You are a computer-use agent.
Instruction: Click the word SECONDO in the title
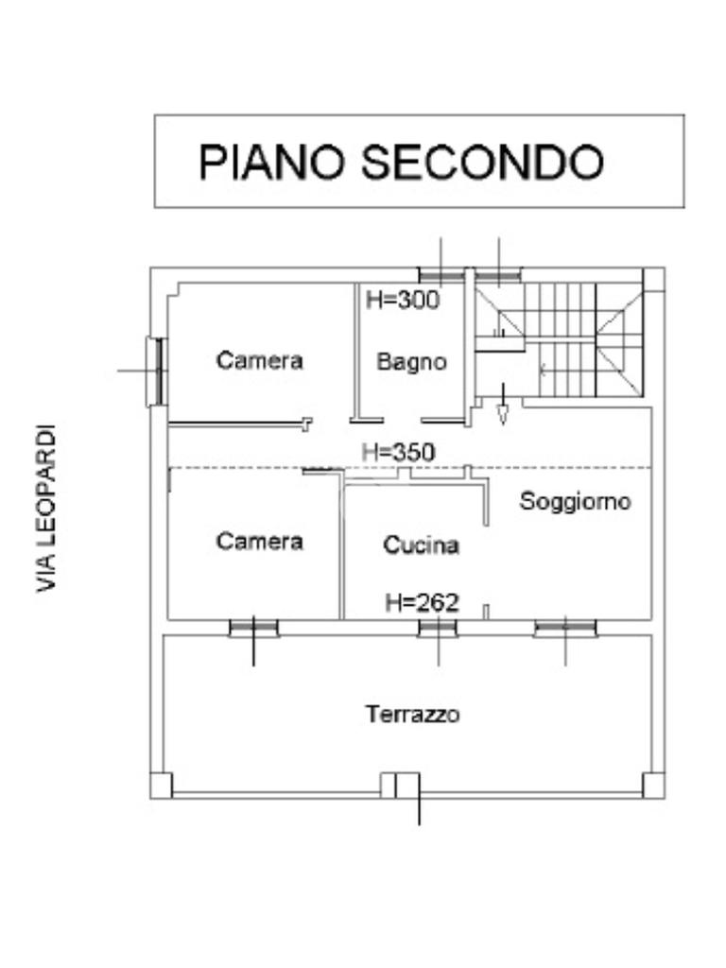click(x=483, y=163)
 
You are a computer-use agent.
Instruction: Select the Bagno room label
click(x=411, y=361)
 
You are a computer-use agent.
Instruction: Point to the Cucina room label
click(x=422, y=545)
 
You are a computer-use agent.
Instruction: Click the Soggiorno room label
click(x=575, y=501)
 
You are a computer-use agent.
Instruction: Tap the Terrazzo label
click(x=413, y=714)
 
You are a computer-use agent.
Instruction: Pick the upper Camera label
click(x=260, y=360)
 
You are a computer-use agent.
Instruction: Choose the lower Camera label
click(x=260, y=541)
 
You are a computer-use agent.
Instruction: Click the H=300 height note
click(x=403, y=302)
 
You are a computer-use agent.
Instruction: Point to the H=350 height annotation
click(x=399, y=453)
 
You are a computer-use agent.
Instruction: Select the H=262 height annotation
click(x=422, y=601)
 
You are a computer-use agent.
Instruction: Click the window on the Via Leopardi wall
click(x=156, y=371)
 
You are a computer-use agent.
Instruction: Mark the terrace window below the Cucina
click(x=439, y=629)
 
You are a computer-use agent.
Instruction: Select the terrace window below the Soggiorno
click(x=565, y=628)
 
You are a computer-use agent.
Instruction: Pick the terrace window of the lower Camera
click(x=253, y=628)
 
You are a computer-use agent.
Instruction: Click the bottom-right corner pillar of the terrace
click(x=652, y=785)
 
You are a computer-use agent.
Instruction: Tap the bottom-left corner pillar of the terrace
click(x=162, y=785)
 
